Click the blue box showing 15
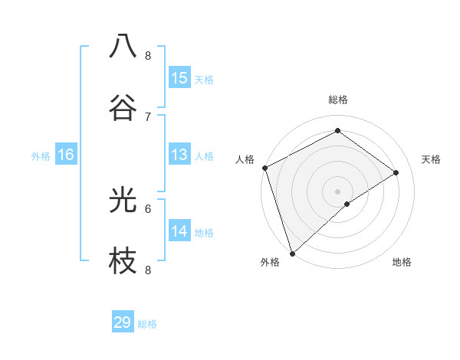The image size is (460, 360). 179,78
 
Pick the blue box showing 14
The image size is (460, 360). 179,231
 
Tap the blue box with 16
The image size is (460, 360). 66,155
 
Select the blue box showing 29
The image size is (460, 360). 123,322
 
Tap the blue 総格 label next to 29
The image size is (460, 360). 147,324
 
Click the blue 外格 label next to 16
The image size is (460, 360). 41,156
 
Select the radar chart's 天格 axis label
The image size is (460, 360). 431,159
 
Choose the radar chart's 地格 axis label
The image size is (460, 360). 402,262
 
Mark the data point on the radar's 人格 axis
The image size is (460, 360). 264,168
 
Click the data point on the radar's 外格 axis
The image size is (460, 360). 292,253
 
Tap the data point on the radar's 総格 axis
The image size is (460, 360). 337,131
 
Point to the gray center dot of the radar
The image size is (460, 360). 337,191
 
